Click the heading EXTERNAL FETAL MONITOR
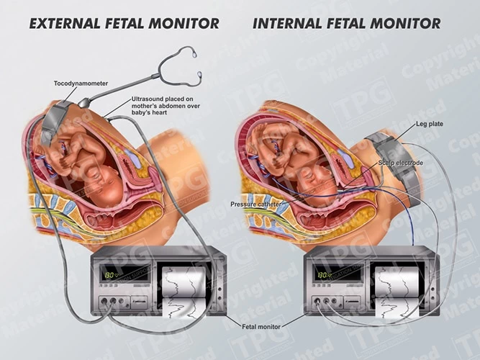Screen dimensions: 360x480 [x=124, y=24]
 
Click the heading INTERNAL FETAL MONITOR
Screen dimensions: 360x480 [x=346, y=24]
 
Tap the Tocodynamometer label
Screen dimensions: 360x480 [x=81, y=84]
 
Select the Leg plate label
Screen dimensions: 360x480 [x=430, y=124]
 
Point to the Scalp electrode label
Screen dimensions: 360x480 [x=401, y=164]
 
